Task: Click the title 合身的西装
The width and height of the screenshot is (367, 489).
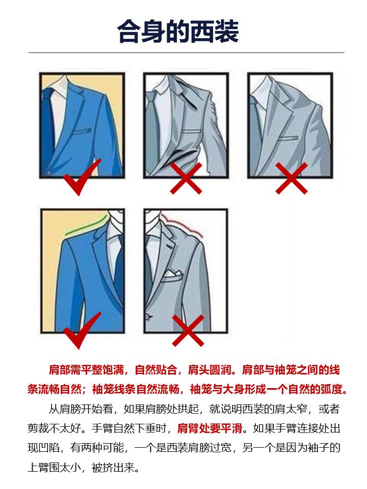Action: click(178, 32)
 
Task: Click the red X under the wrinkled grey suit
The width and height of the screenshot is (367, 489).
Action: click(186, 178)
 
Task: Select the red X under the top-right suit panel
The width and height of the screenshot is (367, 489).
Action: click(291, 178)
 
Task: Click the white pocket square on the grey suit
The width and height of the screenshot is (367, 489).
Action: click(171, 276)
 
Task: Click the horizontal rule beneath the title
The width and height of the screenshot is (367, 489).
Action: click(186, 52)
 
